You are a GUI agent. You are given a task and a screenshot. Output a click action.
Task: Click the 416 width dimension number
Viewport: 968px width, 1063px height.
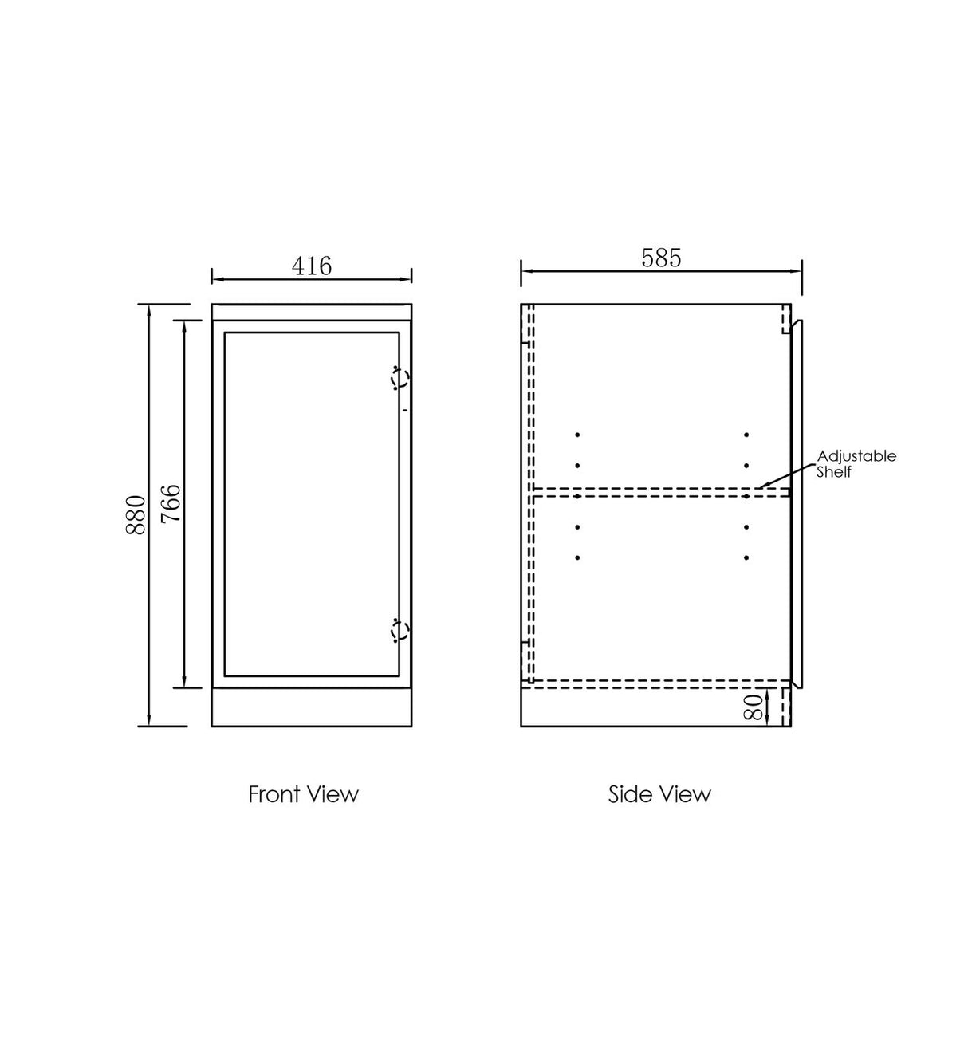(x=311, y=266)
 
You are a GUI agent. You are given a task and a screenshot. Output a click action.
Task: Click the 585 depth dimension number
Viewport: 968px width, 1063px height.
(x=661, y=258)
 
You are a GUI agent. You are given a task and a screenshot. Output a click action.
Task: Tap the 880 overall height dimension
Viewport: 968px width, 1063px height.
(x=136, y=514)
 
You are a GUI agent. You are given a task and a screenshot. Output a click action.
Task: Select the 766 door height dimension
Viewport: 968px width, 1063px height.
(x=171, y=503)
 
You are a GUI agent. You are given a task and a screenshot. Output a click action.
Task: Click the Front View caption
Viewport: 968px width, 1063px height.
(x=303, y=794)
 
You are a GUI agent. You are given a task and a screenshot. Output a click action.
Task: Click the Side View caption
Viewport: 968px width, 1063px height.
(x=659, y=794)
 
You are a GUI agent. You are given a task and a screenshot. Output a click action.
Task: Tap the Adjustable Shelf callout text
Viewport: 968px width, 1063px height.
(x=856, y=463)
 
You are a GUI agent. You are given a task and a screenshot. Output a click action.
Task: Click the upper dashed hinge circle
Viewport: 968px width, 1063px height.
(x=399, y=380)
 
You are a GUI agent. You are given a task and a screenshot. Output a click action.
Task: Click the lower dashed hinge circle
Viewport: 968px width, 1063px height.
(x=399, y=632)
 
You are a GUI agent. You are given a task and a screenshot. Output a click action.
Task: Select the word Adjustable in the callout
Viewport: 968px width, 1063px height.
(x=856, y=456)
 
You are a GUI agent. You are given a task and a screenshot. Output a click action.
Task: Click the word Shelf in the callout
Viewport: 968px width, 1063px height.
(x=834, y=472)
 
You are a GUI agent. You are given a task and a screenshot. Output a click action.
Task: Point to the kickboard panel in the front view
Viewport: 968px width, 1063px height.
(x=311, y=707)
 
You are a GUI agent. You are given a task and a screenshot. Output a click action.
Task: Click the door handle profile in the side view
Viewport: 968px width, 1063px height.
(x=798, y=502)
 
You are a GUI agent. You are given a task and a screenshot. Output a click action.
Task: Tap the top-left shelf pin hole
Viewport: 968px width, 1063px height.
(x=576, y=435)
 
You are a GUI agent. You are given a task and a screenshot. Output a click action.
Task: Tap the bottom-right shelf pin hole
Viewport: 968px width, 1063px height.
(x=746, y=557)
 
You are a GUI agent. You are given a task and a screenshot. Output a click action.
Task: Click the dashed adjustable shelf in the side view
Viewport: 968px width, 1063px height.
(x=654, y=493)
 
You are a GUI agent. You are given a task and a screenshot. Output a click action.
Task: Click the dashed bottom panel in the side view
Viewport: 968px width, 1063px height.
(x=654, y=682)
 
